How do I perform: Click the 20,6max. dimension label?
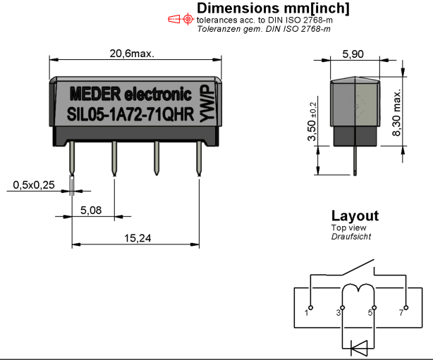(x=132, y=54)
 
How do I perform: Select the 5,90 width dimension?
(x=353, y=54)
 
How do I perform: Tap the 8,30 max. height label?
(x=396, y=113)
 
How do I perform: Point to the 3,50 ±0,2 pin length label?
(x=312, y=121)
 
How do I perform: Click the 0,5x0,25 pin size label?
(x=34, y=185)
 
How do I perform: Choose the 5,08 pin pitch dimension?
(x=91, y=210)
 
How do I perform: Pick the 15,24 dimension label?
(x=138, y=238)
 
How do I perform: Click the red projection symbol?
(x=181, y=19)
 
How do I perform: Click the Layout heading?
(x=355, y=216)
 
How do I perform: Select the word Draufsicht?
(x=351, y=237)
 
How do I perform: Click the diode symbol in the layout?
(x=359, y=348)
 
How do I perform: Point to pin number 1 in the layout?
(x=306, y=313)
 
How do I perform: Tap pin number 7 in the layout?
(x=401, y=313)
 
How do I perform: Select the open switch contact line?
(x=358, y=267)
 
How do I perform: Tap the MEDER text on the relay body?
(x=95, y=94)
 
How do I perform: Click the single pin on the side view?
(x=355, y=161)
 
